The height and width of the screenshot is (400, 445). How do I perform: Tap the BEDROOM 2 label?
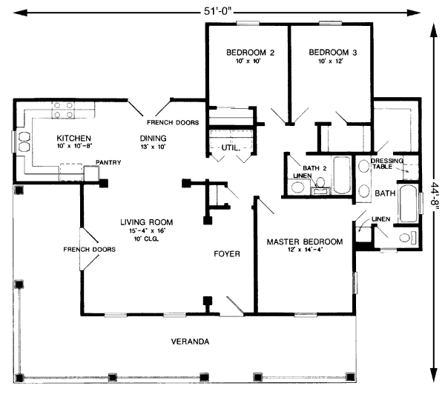tap(251, 53)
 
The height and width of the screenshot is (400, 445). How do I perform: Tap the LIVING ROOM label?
tap(147, 221)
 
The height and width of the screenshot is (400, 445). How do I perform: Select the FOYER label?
tap(227, 253)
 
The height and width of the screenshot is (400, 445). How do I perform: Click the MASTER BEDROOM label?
tap(304, 242)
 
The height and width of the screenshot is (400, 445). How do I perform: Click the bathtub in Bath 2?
tap(342, 176)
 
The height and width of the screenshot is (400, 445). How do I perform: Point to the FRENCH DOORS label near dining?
tap(172, 122)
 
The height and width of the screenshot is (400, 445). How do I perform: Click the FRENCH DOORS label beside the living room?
tap(89, 250)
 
